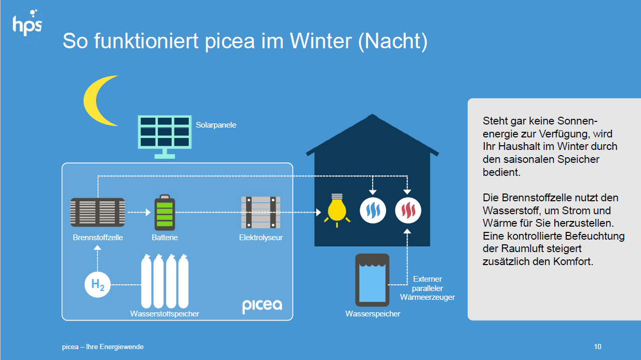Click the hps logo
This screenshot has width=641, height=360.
point(27,25)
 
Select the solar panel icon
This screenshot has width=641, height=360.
point(165,136)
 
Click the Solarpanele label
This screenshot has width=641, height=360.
point(216,125)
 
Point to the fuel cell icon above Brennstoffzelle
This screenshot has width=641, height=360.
point(98,212)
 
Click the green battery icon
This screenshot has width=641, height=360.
point(165,213)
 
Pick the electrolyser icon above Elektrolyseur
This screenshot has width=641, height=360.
point(261,212)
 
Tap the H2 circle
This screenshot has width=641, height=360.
point(98,284)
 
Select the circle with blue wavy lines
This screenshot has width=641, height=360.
point(373,211)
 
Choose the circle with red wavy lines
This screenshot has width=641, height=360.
point(408,211)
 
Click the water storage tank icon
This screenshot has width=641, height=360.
point(372,280)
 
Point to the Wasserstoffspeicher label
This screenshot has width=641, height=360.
point(165,314)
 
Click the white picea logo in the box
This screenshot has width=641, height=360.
point(262,306)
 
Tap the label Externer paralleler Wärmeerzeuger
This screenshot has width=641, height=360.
point(428,288)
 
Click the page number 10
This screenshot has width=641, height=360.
point(597,347)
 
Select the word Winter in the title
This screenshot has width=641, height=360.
point(321,41)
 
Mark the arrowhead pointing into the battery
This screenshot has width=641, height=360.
point(148,212)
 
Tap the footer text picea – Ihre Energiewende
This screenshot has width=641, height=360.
point(103,347)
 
